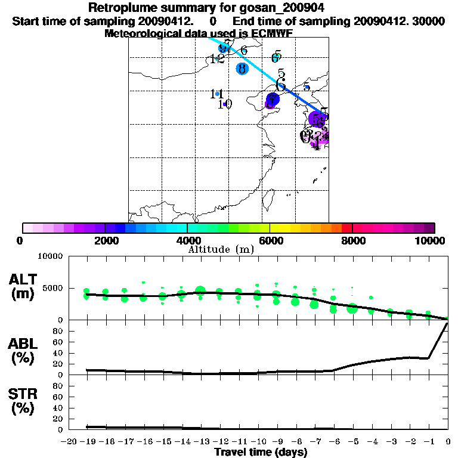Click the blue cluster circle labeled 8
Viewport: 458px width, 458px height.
242,69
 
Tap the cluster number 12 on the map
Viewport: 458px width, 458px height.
217,59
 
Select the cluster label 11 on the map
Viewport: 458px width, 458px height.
217,94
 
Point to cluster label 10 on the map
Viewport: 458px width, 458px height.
224,104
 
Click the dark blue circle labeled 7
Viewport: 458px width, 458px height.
273,100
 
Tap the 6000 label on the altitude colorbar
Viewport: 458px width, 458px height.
271,240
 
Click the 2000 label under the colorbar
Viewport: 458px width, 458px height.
105,240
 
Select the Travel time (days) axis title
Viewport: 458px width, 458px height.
261,453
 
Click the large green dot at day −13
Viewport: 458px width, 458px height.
200,291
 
